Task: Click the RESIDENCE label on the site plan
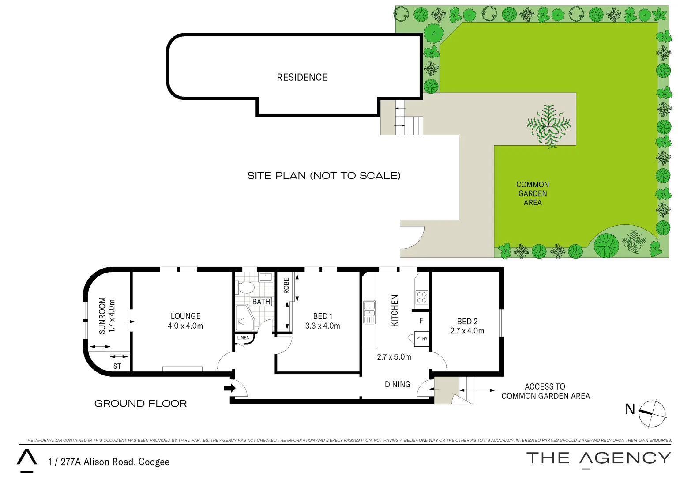click(x=302, y=78)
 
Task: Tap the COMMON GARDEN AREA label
click(x=533, y=193)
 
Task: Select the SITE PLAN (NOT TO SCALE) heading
click(x=323, y=176)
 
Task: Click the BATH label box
click(x=261, y=302)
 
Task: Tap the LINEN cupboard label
click(x=243, y=338)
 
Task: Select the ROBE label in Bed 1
click(x=286, y=286)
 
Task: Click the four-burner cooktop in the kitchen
click(x=421, y=297)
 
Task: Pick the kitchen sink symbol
click(x=369, y=312)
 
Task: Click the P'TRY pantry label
click(x=421, y=339)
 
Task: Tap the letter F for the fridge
click(x=421, y=321)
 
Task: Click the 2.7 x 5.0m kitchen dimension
click(x=394, y=357)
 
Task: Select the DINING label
click(x=397, y=385)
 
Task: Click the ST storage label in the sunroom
click(x=117, y=367)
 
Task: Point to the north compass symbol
click(x=652, y=413)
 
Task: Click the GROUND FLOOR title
click(x=140, y=404)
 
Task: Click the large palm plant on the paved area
click(x=548, y=126)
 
